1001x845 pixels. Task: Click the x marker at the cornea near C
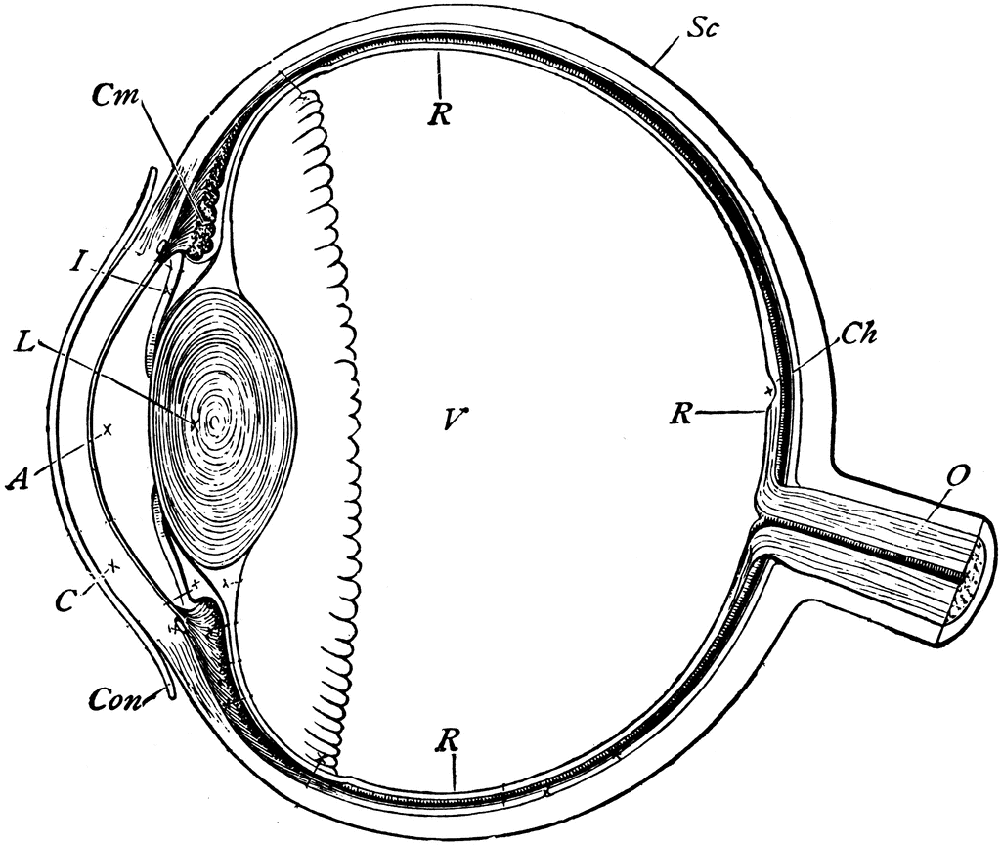(x=114, y=564)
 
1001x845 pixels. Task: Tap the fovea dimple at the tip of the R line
(x=771, y=393)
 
